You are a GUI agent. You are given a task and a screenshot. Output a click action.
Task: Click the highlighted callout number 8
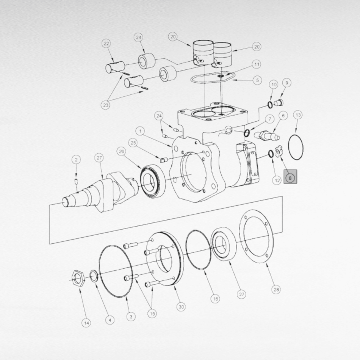point(290,178)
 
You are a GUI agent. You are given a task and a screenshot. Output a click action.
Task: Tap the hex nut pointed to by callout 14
point(78,278)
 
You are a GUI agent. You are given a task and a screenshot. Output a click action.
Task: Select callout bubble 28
point(276,290)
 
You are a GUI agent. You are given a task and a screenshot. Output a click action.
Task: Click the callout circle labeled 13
point(298,115)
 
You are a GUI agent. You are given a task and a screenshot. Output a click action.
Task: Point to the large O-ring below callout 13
point(296,147)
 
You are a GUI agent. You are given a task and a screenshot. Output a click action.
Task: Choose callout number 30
point(182,307)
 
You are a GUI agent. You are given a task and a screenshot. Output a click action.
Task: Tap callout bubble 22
point(106,44)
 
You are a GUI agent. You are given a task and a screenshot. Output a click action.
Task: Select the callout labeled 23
point(105,105)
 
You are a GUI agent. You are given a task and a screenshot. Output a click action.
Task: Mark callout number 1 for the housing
point(140,131)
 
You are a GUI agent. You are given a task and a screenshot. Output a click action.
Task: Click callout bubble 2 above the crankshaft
point(76,160)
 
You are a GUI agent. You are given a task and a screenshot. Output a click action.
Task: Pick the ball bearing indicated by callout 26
point(152,178)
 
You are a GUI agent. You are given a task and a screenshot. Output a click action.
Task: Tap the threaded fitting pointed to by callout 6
point(267,135)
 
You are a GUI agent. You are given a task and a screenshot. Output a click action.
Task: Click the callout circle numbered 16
point(215,299)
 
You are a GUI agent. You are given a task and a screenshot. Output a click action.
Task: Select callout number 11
point(257,64)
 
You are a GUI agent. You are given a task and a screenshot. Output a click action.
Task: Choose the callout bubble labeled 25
point(133,143)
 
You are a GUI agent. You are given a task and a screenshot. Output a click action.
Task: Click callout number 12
point(277,180)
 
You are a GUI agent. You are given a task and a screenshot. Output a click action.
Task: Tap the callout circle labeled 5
point(257,80)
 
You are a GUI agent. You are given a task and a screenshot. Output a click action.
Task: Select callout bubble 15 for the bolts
point(152,313)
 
